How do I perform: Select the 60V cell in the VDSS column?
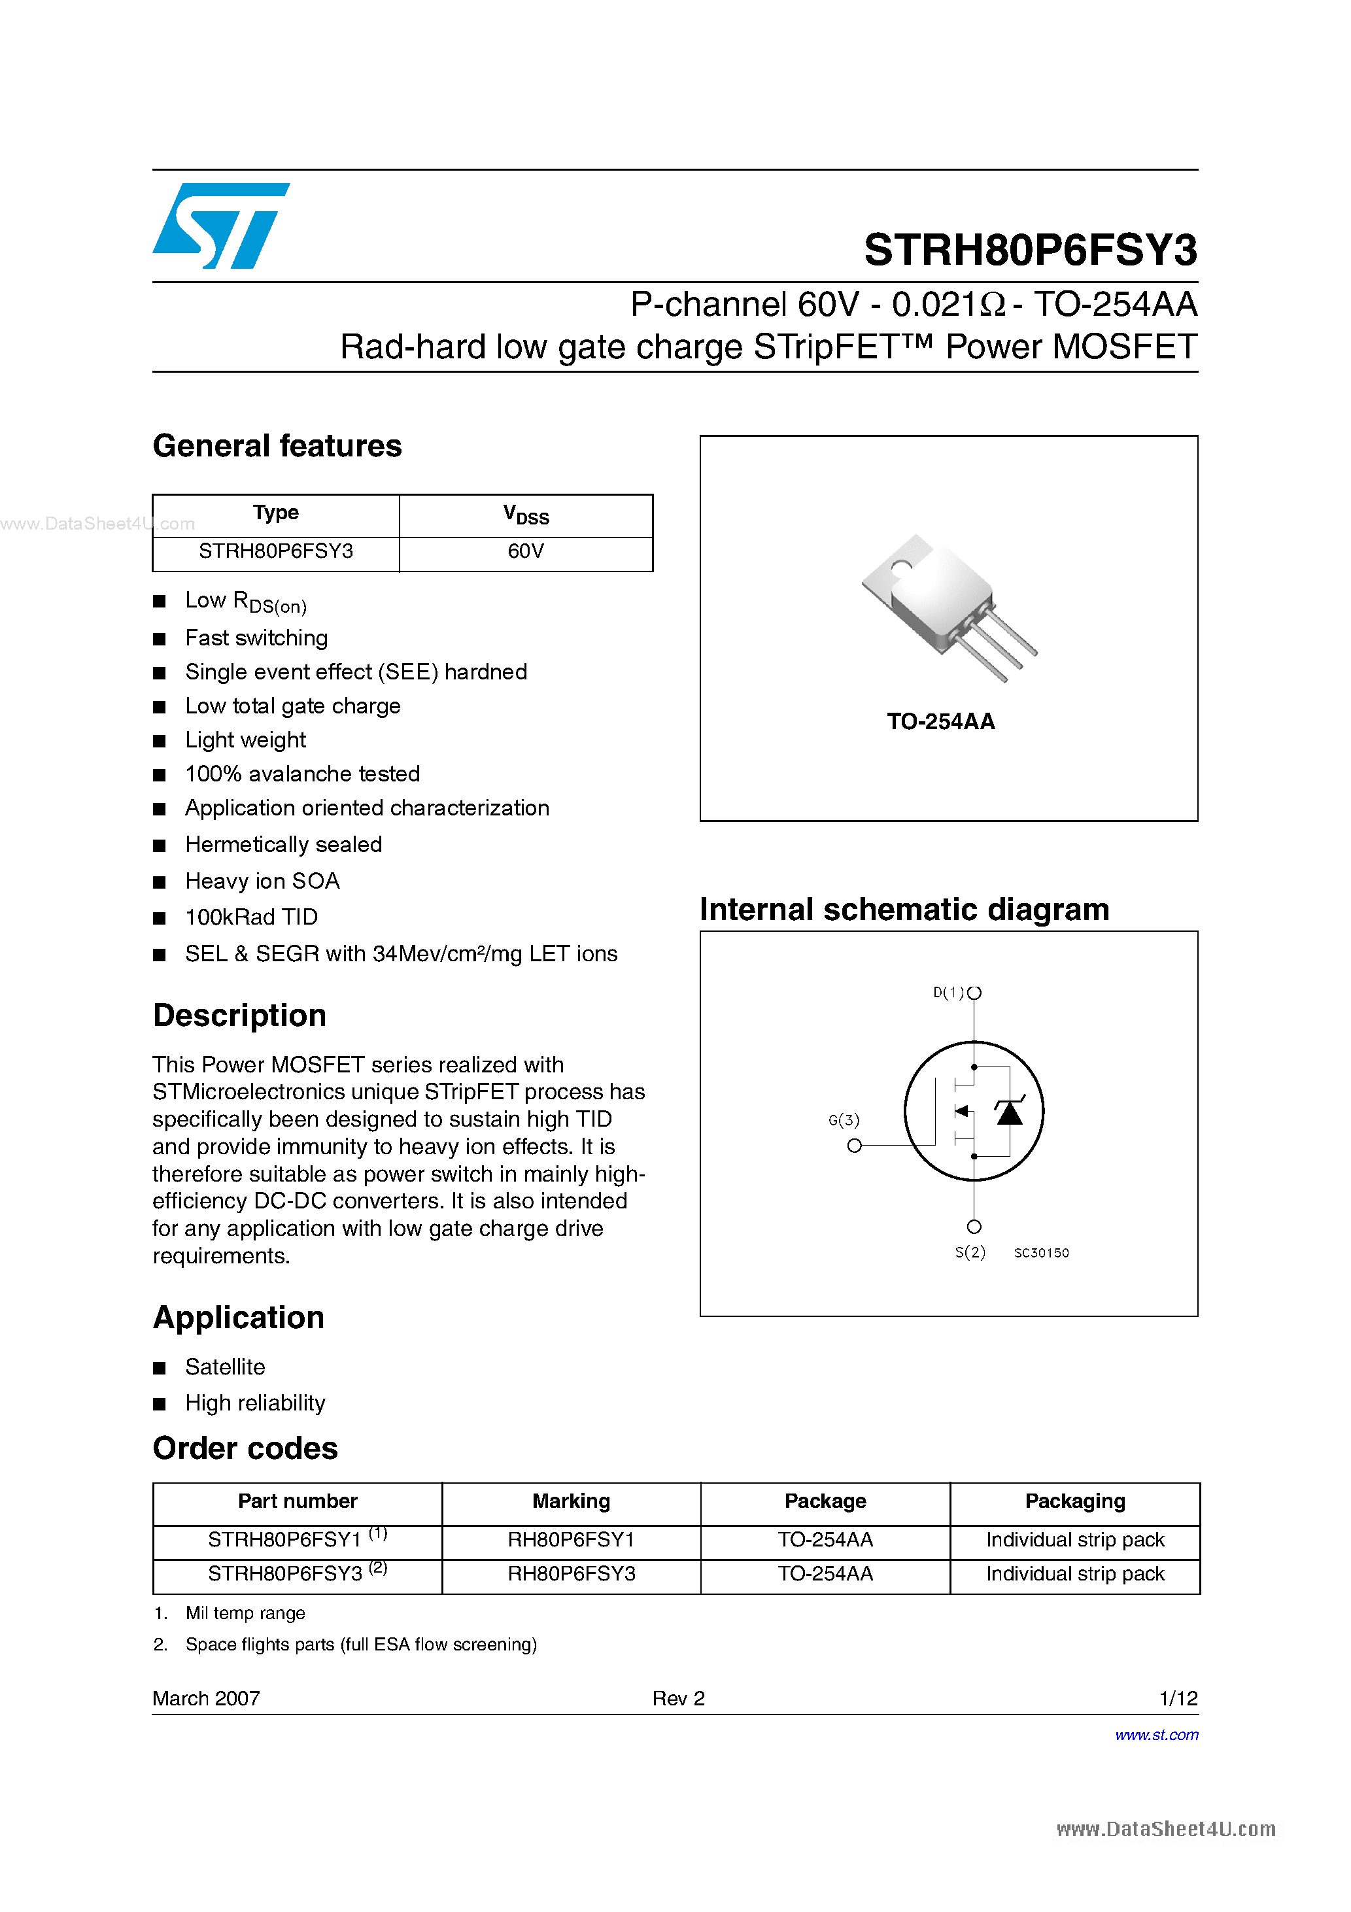pyautogui.click(x=526, y=551)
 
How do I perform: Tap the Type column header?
pyautogui.click(x=276, y=513)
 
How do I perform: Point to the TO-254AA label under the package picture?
pyautogui.click(x=940, y=721)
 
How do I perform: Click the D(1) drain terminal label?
pyautogui.click(x=948, y=993)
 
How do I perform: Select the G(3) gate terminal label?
pyautogui.click(x=844, y=1120)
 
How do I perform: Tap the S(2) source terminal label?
pyautogui.click(x=970, y=1252)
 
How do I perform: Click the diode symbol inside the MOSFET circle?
pyautogui.click(x=1010, y=1112)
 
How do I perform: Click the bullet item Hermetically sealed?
pyautogui.click(x=283, y=844)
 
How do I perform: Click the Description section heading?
pyautogui.click(x=239, y=1015)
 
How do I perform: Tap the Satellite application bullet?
pyautogui.click(x=225, y=1367)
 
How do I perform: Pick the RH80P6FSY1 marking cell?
pyautogui.click(x=571, y=1540)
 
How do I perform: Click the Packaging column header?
pyautogui.click(x=1074, y=1501)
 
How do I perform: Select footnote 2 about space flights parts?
pyautogui.click(x=361, y=1644)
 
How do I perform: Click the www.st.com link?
pyautogui.click(x=1156, y=1735)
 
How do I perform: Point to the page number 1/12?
pyautogui.click(x=1178, y=1698)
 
